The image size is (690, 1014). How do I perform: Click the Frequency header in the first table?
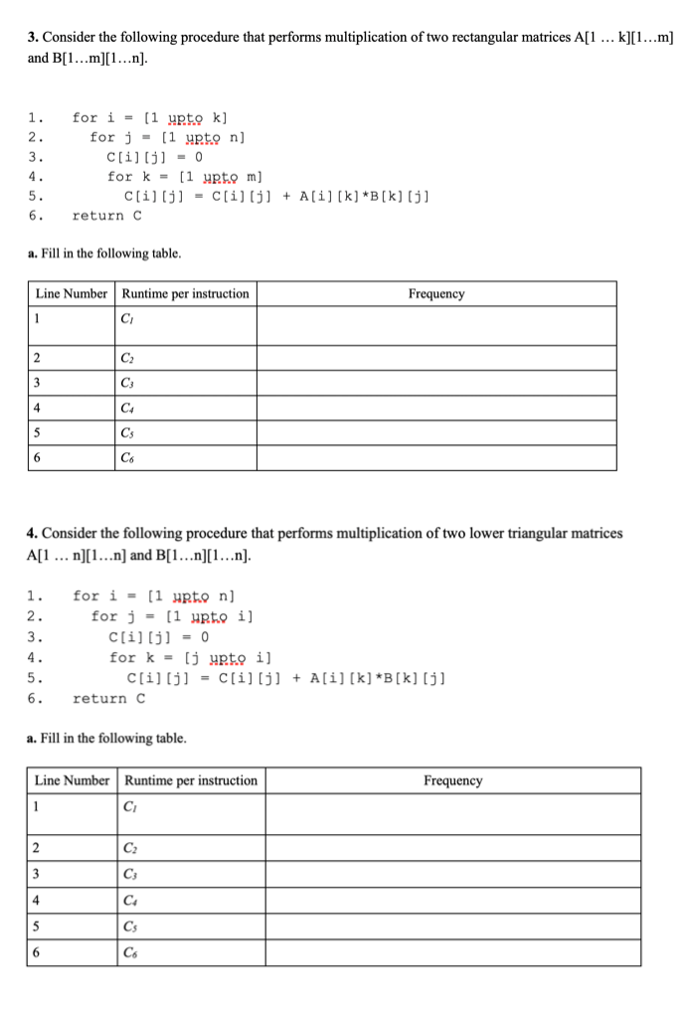435,294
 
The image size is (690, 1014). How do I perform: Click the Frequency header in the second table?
452,780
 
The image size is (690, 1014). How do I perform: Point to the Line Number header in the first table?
73,294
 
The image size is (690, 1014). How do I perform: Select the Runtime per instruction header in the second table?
191,780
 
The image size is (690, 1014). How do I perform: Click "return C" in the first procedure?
107,215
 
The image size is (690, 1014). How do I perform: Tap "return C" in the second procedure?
108,698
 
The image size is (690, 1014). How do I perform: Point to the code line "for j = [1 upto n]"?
167,137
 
